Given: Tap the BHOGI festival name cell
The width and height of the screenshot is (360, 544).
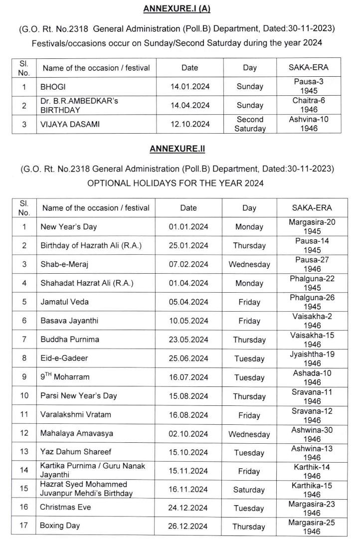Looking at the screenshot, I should pos(53,86).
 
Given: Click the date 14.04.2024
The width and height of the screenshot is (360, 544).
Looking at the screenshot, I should pos(189,105).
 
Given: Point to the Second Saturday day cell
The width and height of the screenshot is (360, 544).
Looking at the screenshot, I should pos(250,124).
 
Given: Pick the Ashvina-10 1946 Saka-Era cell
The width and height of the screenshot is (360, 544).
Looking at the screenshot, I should pos(309,124).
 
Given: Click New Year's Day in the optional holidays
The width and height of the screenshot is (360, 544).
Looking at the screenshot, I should pos(69,227).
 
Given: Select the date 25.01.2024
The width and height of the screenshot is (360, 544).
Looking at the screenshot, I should pos(188,245).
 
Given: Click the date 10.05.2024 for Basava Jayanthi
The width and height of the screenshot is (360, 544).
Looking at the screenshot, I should pos(188,321).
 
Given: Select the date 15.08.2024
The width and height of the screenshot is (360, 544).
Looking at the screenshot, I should pos(188,396).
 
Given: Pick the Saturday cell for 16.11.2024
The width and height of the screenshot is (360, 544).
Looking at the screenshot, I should pos(249,490).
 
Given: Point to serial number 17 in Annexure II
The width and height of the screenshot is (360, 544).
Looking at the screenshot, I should pos(24,527).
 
